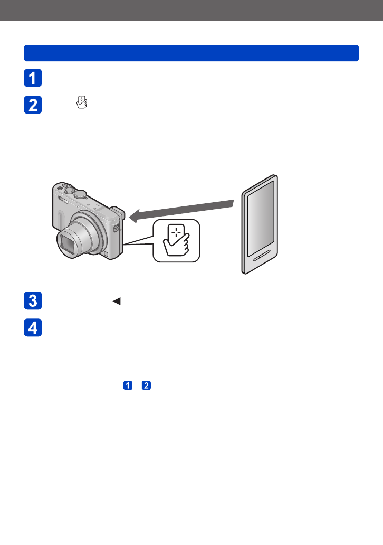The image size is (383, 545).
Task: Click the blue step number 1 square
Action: pyautogui.click(x=32, y=78)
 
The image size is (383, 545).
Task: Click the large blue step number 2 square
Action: pyautogui.click(x=32, y=105)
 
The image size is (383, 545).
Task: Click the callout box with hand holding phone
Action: pyautogui.click(x=177, y=240)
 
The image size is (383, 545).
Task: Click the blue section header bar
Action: pyautogui.click(x=191, y=53)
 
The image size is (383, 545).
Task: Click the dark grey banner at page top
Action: pyautogui.click(x=191, y=11)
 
